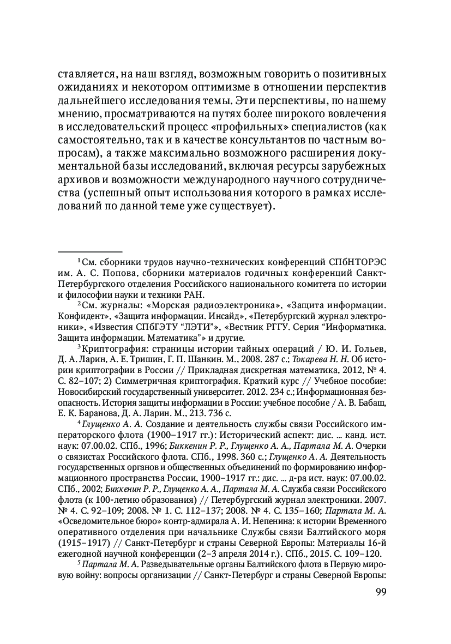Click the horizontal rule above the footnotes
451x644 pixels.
89,251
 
